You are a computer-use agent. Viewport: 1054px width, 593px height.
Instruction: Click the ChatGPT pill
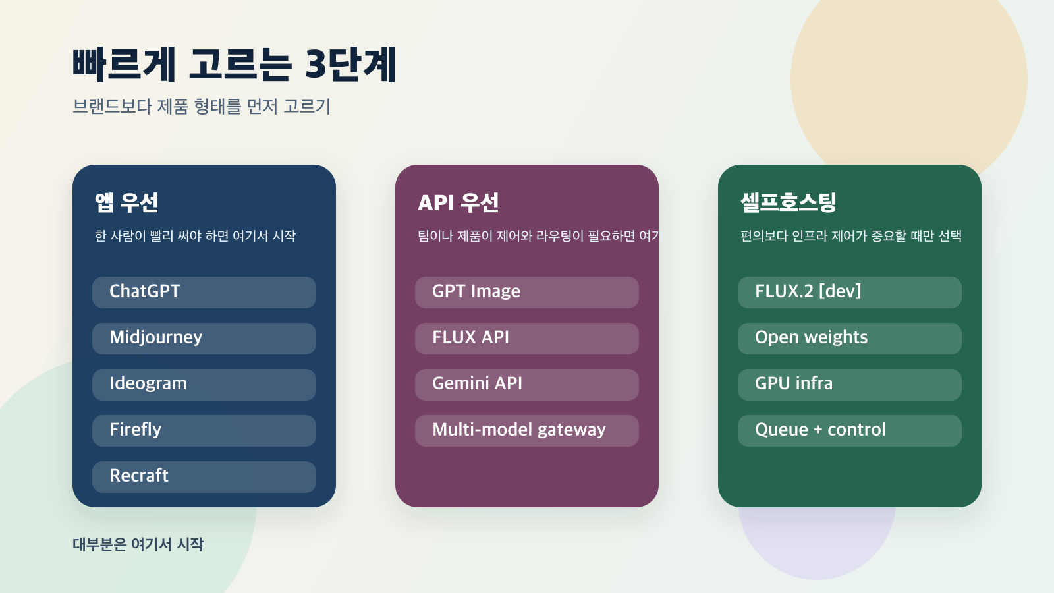204,292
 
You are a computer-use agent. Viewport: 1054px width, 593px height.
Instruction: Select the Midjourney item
204,338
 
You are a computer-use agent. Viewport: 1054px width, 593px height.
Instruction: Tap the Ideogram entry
204,384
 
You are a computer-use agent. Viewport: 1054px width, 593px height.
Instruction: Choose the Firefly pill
204,430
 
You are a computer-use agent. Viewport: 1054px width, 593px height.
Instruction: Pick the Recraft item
204,476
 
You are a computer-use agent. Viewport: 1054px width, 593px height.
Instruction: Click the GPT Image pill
527,292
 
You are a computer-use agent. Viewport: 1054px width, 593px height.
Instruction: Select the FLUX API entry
527,338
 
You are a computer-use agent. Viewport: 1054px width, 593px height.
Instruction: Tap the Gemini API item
527,384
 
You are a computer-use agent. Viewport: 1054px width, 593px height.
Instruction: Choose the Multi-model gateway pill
527,430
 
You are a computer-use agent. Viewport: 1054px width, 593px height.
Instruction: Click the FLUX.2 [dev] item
850,292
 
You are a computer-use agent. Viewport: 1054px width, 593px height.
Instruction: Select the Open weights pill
850,338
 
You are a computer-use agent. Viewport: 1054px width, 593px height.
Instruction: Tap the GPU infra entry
850,384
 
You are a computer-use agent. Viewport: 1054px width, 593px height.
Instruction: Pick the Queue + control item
850,430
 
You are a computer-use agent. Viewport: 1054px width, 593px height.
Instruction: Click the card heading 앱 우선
126,202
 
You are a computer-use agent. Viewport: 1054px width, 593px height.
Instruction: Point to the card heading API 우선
458,202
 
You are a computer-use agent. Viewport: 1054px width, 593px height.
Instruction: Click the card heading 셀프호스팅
789,202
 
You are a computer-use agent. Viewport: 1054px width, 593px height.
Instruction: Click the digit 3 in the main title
316,65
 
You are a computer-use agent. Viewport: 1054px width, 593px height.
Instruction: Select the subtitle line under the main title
202,106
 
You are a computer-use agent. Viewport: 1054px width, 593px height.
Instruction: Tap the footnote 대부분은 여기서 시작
138,544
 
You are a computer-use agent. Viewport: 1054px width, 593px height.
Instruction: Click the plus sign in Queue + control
818,430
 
